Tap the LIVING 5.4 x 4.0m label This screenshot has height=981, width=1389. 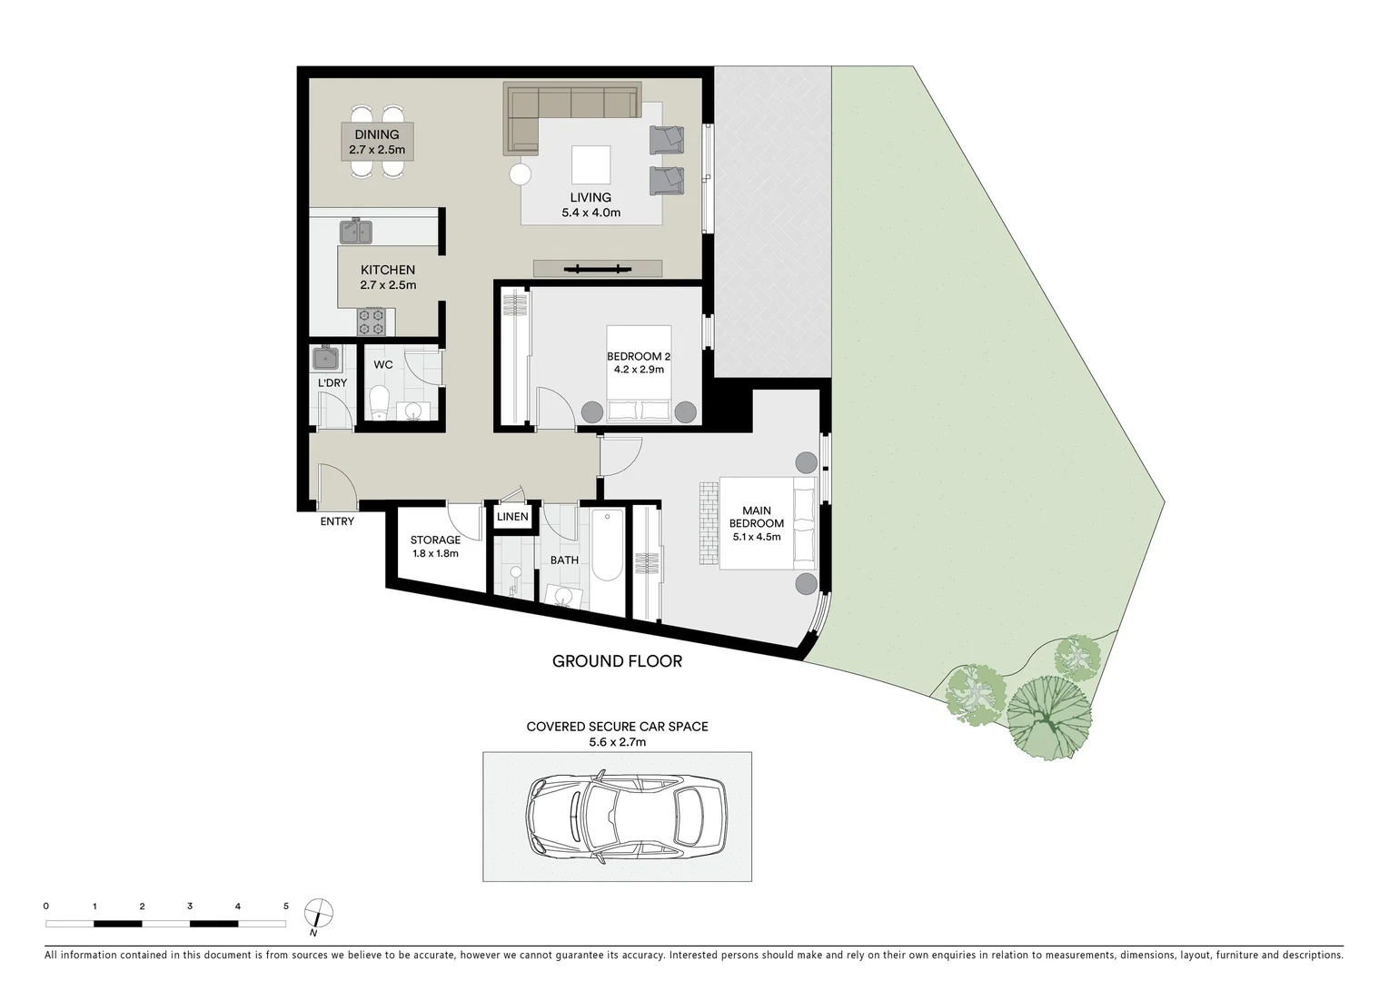[590, 205]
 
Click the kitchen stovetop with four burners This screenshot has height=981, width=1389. [372, 322]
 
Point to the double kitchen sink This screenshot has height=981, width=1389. [356, 232]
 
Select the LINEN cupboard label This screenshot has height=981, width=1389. [512, 517]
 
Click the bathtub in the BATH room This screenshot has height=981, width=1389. [606, 547]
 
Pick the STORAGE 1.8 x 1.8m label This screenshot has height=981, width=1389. [435, 546]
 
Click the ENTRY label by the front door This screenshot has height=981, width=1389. [337, 521]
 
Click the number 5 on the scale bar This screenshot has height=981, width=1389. [285, 906]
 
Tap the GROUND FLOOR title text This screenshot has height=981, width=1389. [617, 661]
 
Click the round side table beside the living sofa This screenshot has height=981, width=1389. [521, 173]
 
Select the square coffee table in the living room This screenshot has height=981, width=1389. [591, 165]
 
